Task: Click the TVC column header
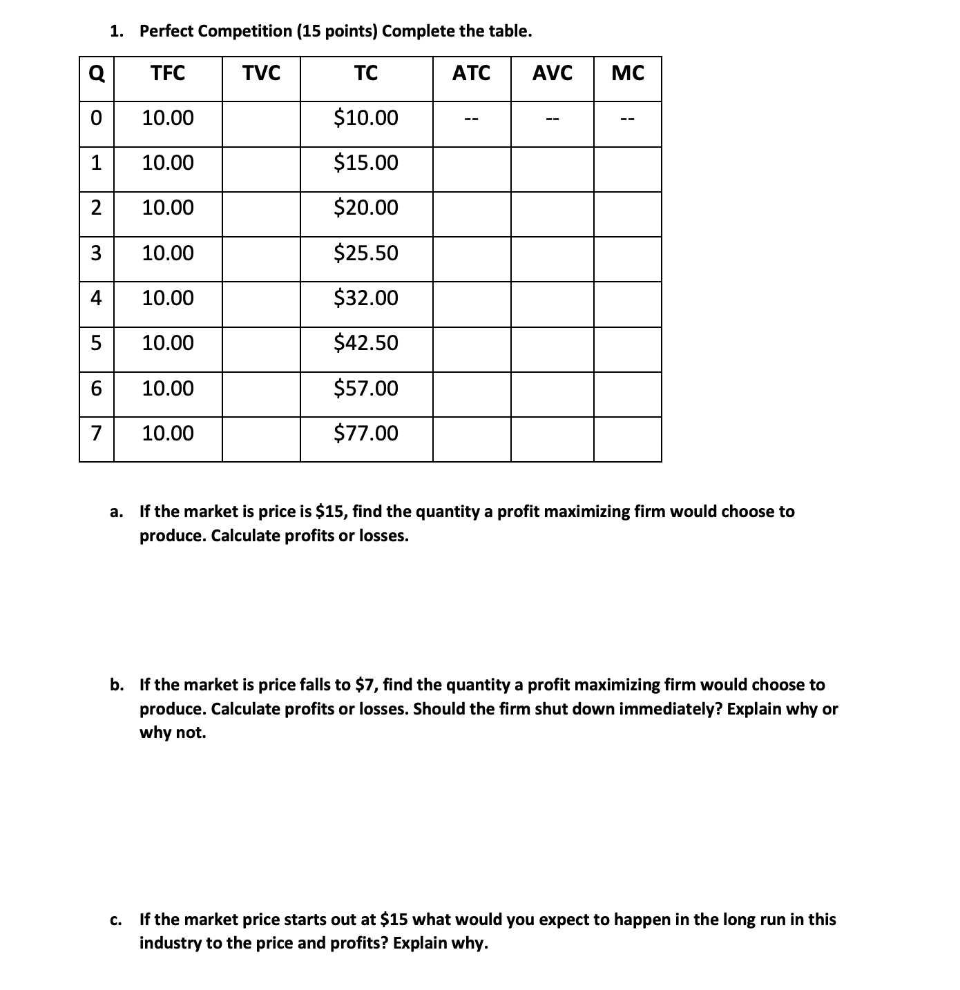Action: coord(261,72)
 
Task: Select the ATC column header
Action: coord(471,72)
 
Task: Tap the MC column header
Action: coord(628,72)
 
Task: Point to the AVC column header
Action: coord(552,72)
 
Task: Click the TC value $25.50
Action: coord(366,253)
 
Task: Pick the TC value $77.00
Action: coord(366,434)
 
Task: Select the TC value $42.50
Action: coord(366,343)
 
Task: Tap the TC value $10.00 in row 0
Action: coord(366,118)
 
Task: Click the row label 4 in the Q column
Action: coord(97,298)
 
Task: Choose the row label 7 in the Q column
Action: coord(97,434)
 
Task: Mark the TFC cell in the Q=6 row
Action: coord(168,389)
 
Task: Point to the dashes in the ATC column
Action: coord(471,120)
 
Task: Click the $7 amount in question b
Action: coord(364,685)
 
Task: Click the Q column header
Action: coord(97,73)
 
